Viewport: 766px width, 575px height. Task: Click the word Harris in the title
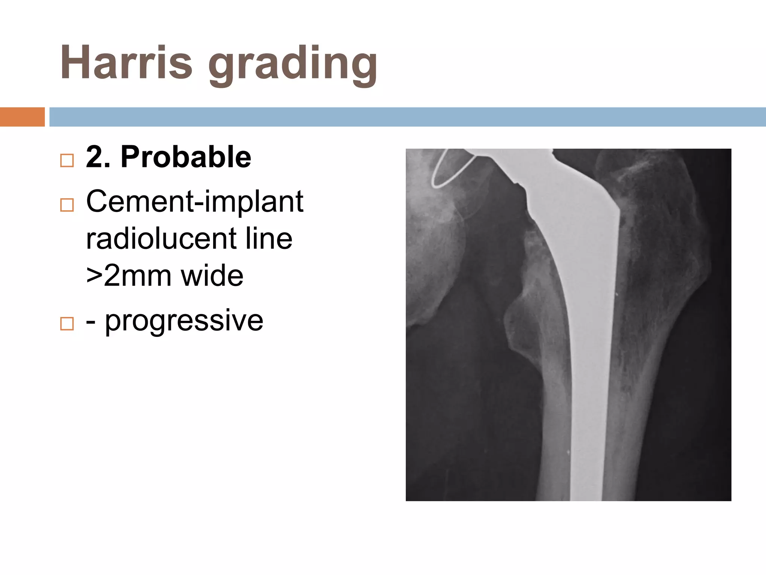click(x=126, y=63)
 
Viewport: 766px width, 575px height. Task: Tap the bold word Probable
click(x=186, y=157)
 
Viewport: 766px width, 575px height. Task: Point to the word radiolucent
click(x=161, y=238)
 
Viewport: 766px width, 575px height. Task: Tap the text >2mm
click(x=128, y=276)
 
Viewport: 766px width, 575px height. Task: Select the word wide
click(x=212, y=276)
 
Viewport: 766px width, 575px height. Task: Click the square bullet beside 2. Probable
click(x=67, y=161)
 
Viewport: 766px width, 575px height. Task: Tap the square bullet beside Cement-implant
click(x=67, y=205)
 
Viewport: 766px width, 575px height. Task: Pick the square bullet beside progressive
click(x=67, y=323)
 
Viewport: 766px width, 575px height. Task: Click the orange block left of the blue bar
click(x=22, y=117)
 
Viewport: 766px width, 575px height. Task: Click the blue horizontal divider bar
click(x=408, y=117)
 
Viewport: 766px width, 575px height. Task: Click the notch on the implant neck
click(x=518, y=185)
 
